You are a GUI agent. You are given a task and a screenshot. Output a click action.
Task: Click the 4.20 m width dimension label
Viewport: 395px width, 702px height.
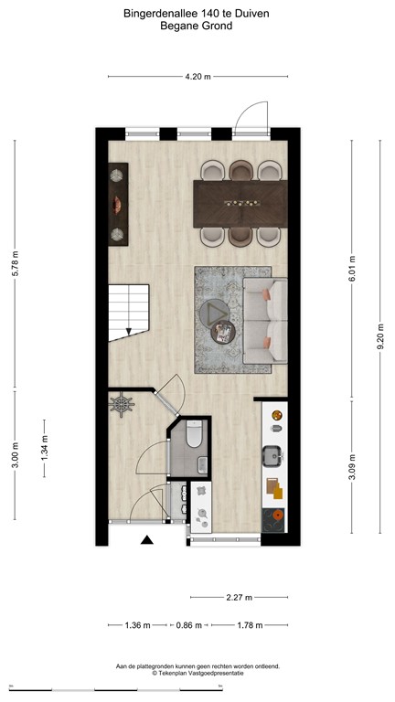[x=197, y=77]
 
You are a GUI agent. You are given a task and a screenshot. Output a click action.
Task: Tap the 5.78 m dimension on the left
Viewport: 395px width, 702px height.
[x=15, y=267]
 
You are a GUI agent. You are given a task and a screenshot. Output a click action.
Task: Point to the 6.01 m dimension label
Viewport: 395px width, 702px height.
[x=352, y=267]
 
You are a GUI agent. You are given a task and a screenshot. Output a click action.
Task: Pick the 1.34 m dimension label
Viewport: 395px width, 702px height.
[x=44, y=449]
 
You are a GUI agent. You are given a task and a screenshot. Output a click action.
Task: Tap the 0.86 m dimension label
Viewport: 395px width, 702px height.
[x=189, y=625]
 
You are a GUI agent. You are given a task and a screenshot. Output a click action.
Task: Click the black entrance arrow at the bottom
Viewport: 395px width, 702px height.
[x=146, y=540]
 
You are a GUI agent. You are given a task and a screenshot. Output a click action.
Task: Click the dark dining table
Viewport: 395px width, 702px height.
[x=240, y=202]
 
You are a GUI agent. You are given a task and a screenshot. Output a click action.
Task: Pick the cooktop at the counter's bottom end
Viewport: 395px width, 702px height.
[x=273, y=518]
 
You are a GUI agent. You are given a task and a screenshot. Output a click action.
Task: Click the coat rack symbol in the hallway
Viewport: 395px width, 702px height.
[x=123, y=403]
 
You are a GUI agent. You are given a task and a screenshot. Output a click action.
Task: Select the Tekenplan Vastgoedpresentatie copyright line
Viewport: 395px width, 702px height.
[x=197, y=673]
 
